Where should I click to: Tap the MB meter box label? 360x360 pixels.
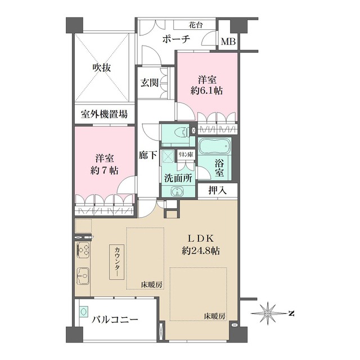click(x=228, y=42)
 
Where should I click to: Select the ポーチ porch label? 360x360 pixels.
click(x=176, y=39)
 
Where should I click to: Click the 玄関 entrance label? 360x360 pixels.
click(x=149, y=83)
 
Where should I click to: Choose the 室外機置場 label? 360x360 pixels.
click(x=103, y=114)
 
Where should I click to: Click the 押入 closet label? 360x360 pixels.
click(x=217, y=191)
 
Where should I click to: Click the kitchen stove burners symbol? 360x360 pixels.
click(x=85, y=250)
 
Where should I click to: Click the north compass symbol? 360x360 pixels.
click(x=271, y=312)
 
